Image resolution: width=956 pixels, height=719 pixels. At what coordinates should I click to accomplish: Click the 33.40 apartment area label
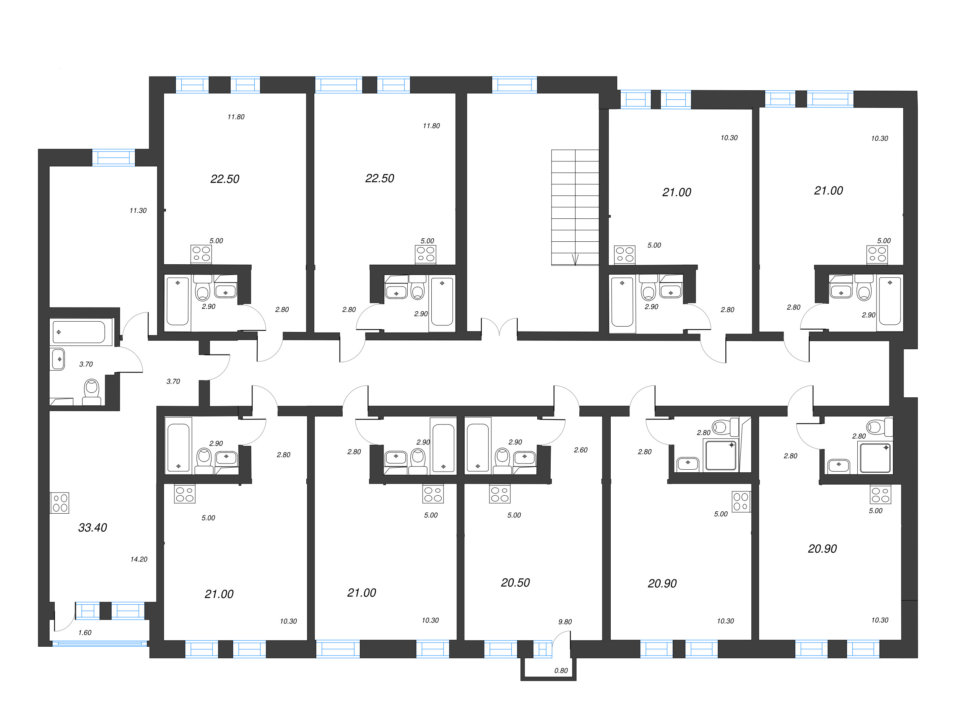(x=93, y=527)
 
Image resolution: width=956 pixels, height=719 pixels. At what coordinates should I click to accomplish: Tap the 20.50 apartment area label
(x=515, y=583)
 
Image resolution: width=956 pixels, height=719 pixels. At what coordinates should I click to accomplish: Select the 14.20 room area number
(x=139, y=560)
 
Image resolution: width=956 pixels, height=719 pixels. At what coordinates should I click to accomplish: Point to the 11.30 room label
(x=138, y=211)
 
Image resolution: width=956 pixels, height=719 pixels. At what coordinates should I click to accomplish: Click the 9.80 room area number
(x=565, y=622)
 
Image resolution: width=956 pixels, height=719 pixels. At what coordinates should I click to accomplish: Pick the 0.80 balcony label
(x=561, y=670)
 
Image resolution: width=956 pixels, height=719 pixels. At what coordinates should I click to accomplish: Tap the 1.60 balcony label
(x=85, y=633)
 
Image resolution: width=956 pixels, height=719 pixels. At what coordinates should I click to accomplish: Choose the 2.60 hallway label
(x=580, y=450)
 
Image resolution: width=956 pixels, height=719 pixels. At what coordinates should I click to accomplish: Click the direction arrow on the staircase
(x=575, y=259)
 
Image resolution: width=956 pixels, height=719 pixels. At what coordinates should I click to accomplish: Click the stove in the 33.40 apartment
(x=60, y=503)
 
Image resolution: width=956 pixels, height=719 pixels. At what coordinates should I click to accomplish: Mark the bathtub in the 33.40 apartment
(x=79, y=332)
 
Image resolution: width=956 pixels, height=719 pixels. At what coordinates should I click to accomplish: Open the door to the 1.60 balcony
(x=64, y=621)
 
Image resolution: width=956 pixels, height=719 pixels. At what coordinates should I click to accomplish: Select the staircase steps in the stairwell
(x=575, y=207)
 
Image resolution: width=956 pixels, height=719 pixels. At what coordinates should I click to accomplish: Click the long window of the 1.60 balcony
(x=100, y=644)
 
